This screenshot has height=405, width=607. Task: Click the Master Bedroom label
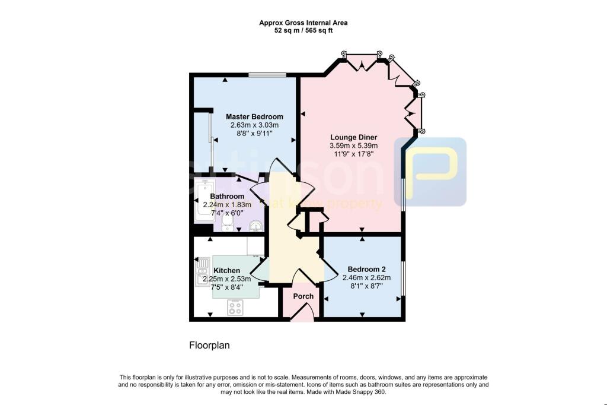pyautogui.click(x=254, y=116)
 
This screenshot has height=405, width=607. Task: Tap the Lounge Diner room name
pyautogui.click(x=354, y=137)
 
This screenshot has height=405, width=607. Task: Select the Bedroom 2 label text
pyautogui.click(x=363, y=268)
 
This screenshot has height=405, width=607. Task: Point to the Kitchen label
pyautogui.click(x=227, y=270)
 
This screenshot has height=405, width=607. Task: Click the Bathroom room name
pyautogui.click(x=227, y=197)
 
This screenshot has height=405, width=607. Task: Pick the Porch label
pyautogui.click(x=303, y=296)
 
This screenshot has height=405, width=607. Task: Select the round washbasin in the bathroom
pyautogui.click(x=255, y=226)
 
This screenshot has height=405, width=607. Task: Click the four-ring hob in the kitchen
pyautogui.click(x=235, y=307)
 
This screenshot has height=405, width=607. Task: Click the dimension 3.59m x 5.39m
pyautogui.click(x=354, y=146)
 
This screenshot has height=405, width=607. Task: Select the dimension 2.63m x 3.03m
pyautogui.click(x=254, y=125)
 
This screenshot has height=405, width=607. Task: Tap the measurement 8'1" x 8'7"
pyautogui.click(x=363, y=286)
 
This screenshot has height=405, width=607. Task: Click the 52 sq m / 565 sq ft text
pyautogui.click(x=303, y=31)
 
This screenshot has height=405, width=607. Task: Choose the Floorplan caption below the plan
pyautogui.click(x=209, y=345)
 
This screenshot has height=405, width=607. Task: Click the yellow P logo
pyautogui.click(x=433, y=172)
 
